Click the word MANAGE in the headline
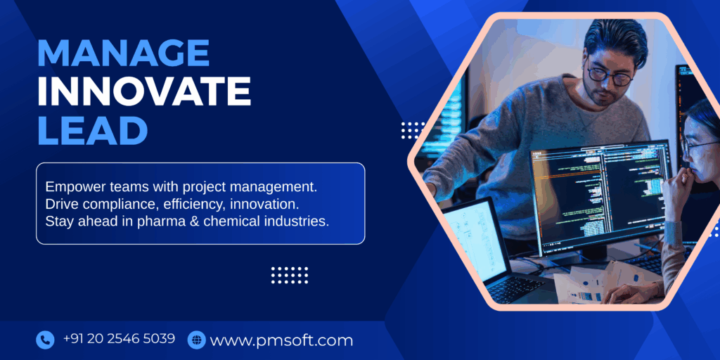(x=123, y=53)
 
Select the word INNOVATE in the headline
(x=143, y=91)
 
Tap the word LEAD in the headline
(x=92, y=130)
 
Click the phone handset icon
(x=45, y=340)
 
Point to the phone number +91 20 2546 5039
(x=119, y=339)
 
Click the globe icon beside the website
(x=196, y=340)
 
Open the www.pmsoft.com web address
(x=281, y=341)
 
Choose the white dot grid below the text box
(x=290, y=275)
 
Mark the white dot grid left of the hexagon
(x=413, y=130)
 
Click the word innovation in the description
(x=269, y=204)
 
